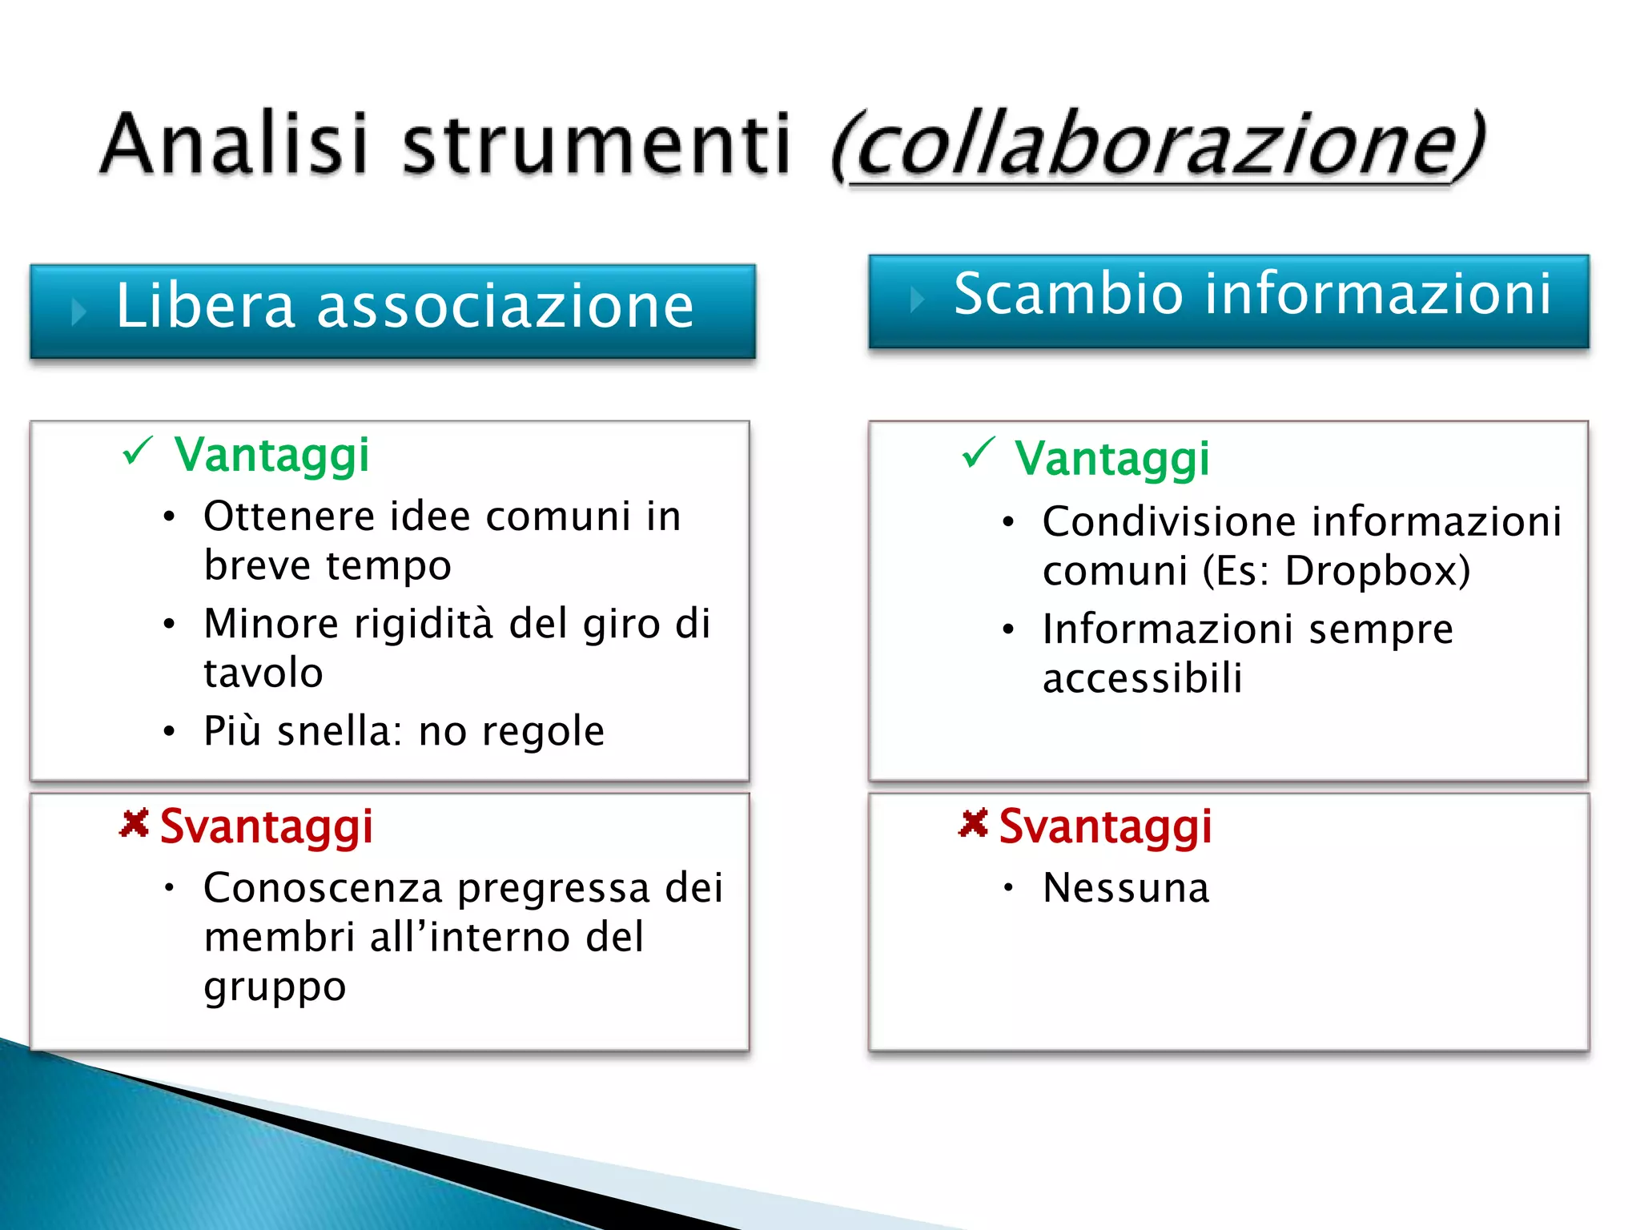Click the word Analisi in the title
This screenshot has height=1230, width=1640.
click(236, 144)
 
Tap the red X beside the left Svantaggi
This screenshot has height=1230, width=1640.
click(135, 823)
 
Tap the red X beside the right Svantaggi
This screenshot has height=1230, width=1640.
click(974, 823)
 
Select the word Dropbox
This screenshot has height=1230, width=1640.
click(1377, 572)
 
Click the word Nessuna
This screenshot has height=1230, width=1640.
click(1126, 888)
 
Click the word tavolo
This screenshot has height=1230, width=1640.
click(263, 673)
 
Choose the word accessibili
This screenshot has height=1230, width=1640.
click(1143, 679)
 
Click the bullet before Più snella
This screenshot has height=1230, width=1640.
click(169, 731)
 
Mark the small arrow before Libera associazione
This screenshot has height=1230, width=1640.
click(78, 312)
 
